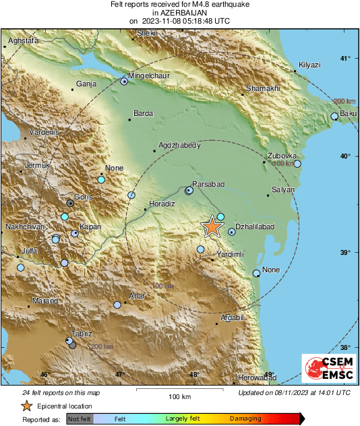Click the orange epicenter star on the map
click(x=212, y=226)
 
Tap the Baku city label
click(x=348, y=113)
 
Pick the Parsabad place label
click(x=208, y=184)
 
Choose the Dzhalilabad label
click(x=254, y=228)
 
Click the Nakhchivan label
click(x=25, y=227)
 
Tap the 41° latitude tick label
click(x=344, y=58)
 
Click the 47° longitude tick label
click(x=119, y=375)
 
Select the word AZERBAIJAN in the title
click(x=179, y=13)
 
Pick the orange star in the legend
click(x=26, y=406)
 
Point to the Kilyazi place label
click(x=309, y=64)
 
